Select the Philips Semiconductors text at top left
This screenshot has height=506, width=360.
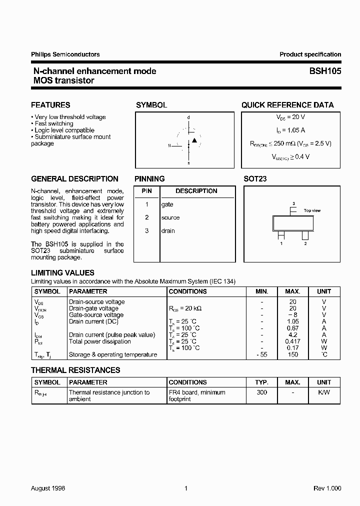[65, 54]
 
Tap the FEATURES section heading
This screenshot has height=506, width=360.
[50, 105]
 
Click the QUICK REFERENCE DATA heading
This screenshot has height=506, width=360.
[287, 105]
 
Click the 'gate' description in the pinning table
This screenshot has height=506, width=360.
[167, 204]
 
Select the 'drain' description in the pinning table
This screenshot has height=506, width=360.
[168, 230]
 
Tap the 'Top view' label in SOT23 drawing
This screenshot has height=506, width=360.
[312, 210]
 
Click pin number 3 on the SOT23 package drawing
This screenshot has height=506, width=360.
[293, 203]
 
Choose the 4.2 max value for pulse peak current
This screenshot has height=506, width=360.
[293, 335]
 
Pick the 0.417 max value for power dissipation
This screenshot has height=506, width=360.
[293, 341]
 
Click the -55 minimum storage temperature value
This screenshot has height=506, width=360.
[261, 354]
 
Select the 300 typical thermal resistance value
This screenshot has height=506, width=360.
[261, 392]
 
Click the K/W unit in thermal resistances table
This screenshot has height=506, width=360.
[323, 392]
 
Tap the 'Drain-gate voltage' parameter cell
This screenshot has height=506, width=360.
[93, 308]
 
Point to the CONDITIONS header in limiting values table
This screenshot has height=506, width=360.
[187, 291]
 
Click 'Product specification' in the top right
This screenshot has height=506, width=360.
[310, 54]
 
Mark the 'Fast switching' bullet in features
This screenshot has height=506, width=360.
[53, 123]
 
